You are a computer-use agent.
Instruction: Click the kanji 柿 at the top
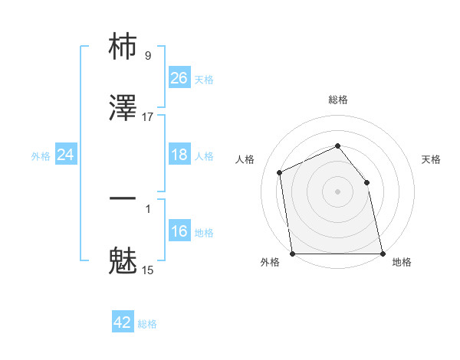(x=123, y=48)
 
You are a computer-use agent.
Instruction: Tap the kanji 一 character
(x=123, y=198)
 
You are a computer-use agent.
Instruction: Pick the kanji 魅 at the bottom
(x=123, y=260)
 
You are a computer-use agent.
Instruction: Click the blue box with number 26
(x=179, y=78)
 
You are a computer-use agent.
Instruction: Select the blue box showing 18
(x=179, y=155)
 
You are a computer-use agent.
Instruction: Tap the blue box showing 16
(x=179, y=231)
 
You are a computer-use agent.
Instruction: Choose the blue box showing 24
(x=66, y=155)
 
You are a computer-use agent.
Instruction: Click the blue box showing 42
(x=123, y=322)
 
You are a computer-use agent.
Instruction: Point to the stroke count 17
(x=148, y=116)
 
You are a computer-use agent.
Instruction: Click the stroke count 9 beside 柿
(x=148, y=55)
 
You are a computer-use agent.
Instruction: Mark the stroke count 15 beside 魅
(x=148, y=270)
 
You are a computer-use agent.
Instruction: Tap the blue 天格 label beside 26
(x=204, y=79)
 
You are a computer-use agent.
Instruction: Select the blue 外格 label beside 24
(x=41, y=155)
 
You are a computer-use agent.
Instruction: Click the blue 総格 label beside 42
(x=147, y=323)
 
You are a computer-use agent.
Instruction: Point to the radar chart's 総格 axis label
(x=338, y=100)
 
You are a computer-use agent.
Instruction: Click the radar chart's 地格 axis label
(x=402, y=262)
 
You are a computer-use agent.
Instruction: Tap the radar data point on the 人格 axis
(x=280, y=172)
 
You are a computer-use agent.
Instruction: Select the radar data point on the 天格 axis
(x=366, y=182)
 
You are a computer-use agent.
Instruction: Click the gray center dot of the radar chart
(x=338, y=191)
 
